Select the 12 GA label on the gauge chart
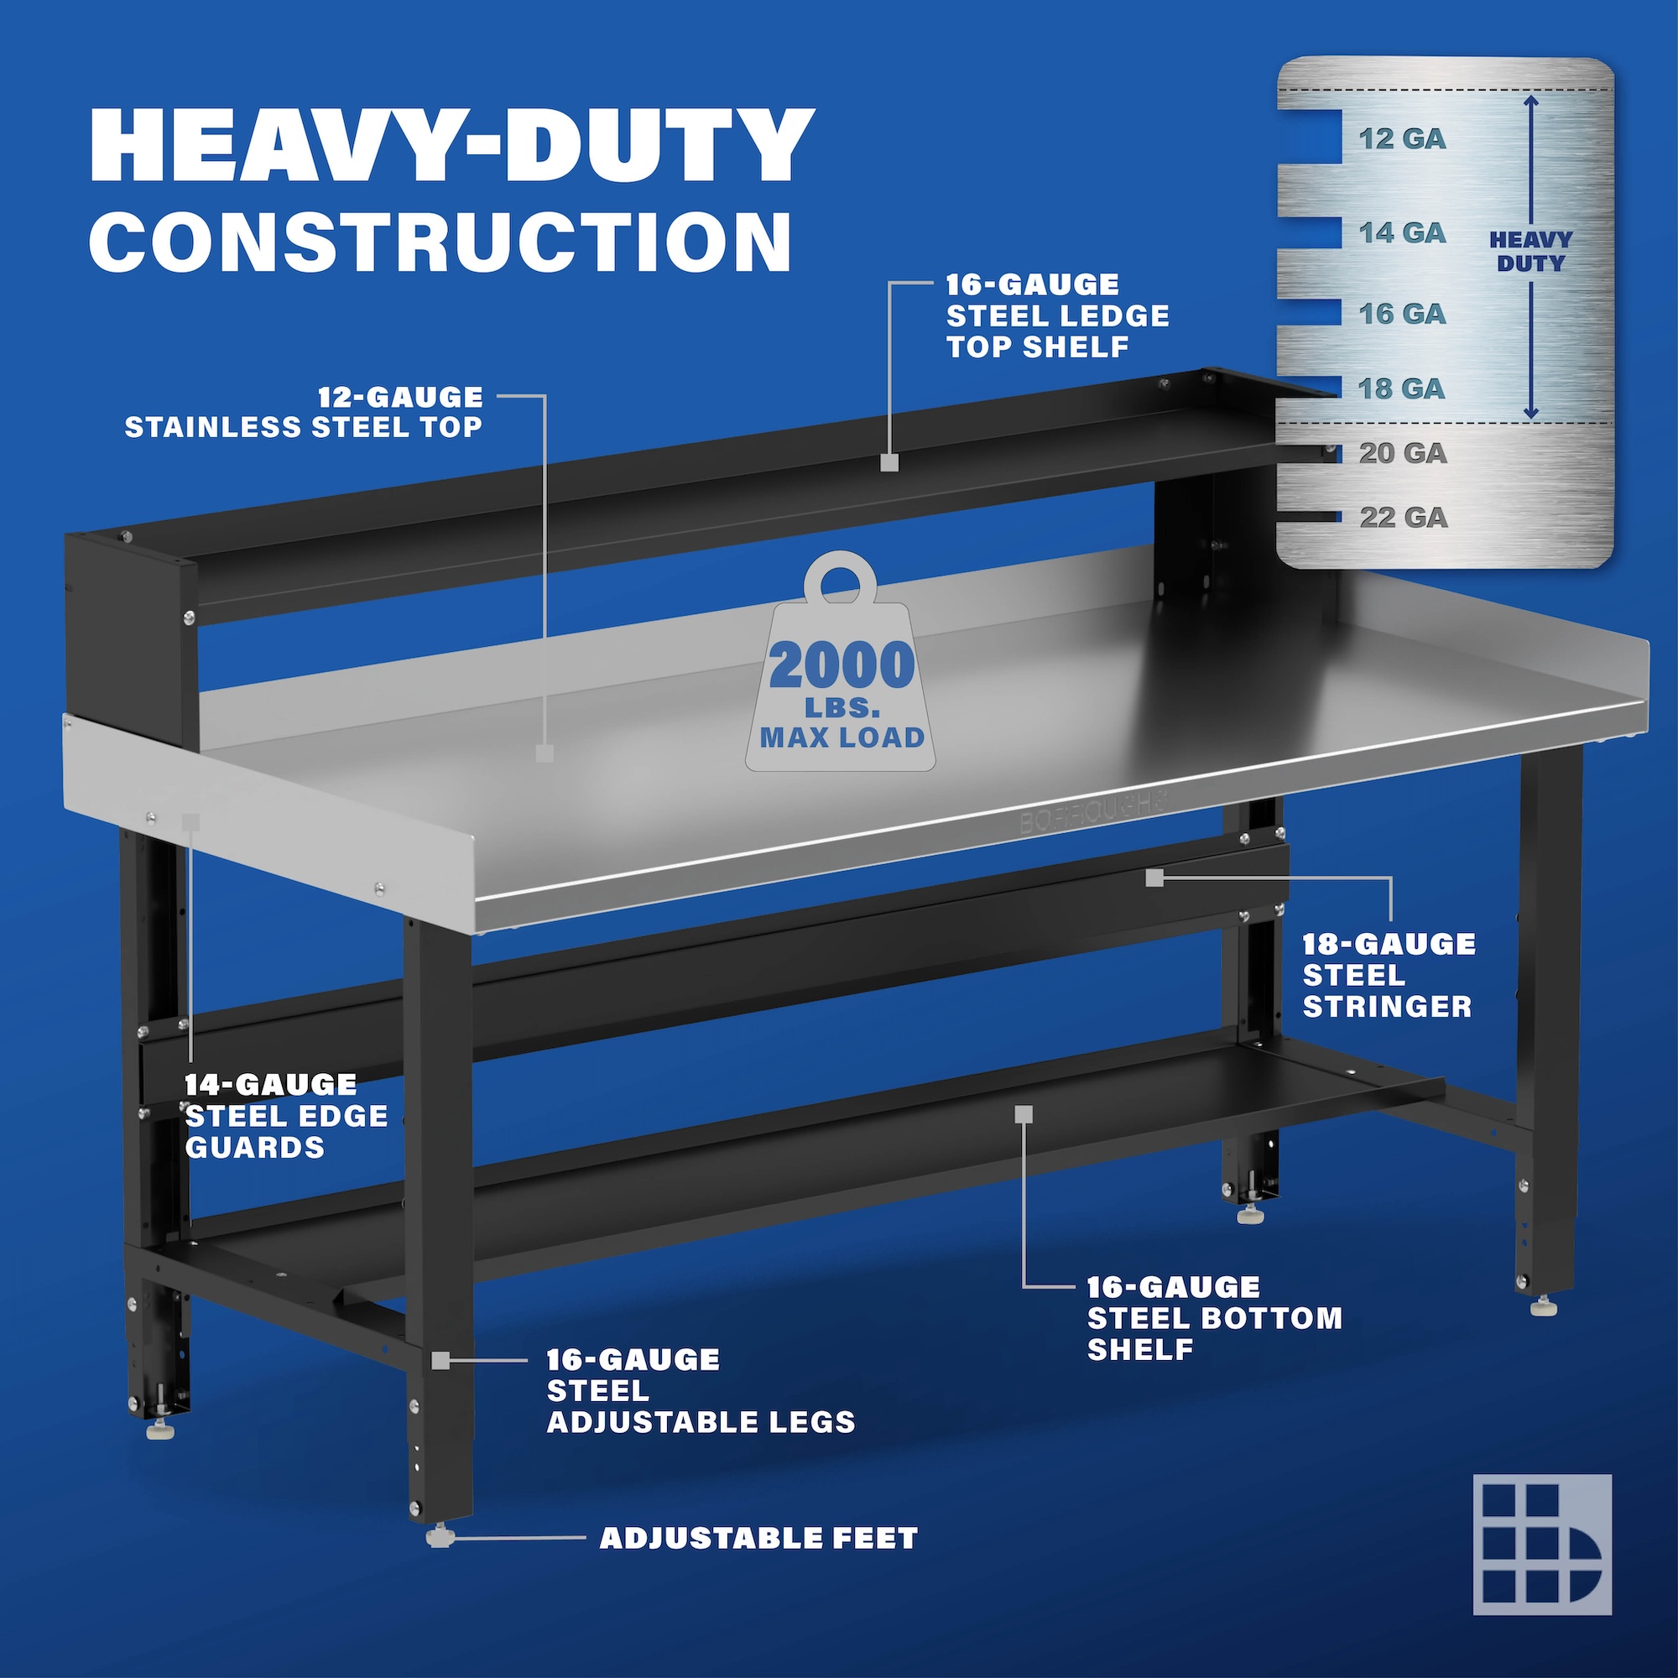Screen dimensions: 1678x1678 (x=1403, y=139)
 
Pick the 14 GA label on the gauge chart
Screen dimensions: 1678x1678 (x=1403, y=232)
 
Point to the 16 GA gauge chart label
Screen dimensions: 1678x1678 (x=1403, y=314)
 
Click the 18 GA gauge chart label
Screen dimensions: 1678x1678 (x=1403, y=388)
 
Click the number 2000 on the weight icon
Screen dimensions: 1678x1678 (x=842, y=665)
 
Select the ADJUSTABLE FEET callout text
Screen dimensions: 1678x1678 (x=759, y=1538)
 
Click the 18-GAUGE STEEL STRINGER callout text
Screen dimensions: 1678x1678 (x=1389, y=976)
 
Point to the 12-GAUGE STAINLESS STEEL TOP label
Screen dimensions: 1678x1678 (x=304, y=412)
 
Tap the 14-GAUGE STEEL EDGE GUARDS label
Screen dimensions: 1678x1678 (x=286, y=1116)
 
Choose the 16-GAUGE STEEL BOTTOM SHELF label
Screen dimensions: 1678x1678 (x=1215, y=1318)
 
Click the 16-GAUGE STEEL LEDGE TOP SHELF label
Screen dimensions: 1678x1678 (x=1058, y=316)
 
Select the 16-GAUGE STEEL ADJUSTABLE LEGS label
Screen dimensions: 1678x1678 (x=701, y=1390)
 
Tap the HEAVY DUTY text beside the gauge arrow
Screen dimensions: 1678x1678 (x=1531, y=251)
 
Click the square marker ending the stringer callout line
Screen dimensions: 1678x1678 (x=1154, y=878)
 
